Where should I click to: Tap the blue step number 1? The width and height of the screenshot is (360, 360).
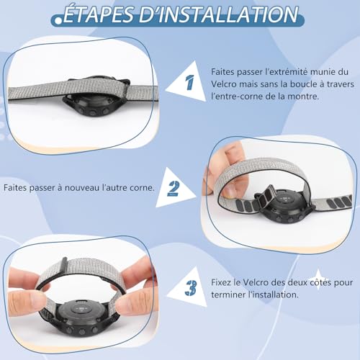(189, 84)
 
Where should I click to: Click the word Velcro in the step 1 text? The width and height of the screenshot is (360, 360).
(226, 84)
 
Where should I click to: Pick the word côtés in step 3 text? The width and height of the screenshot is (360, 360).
(318, 282)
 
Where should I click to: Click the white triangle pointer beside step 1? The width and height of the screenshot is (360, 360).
(176, 84)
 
